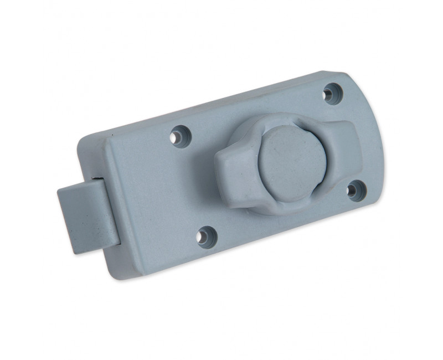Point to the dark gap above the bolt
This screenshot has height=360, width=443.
click(97, 178)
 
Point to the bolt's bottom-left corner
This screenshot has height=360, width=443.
click(73, 250)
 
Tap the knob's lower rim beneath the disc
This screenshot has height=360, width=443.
click(282, 208)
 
